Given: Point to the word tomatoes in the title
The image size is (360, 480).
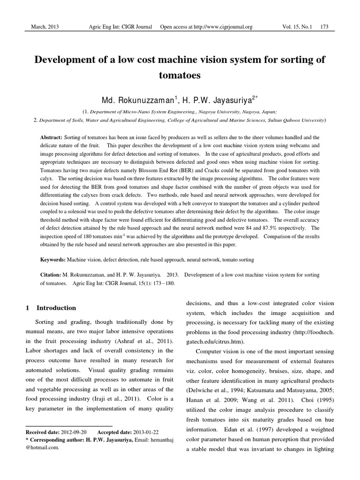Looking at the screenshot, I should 180,75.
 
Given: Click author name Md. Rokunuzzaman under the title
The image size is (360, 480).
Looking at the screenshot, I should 138,100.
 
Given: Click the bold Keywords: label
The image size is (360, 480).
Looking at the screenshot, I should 52,259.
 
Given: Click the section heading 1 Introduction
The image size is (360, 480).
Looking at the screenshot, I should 50,308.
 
